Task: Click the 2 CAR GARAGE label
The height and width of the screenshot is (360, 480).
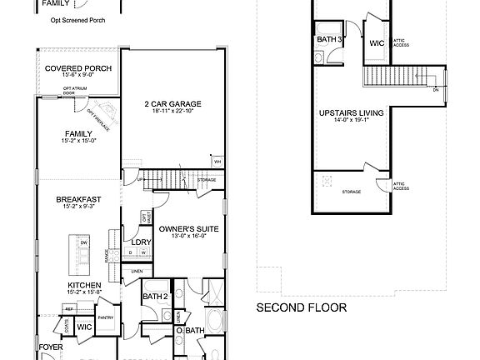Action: tap(173, 104)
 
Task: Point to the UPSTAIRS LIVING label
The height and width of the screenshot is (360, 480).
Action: tap(351, 112)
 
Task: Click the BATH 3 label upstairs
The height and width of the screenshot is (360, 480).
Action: tap(329, 38)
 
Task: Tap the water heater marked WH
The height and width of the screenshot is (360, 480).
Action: tap(217, 162)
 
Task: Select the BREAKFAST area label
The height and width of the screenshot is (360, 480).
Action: tap(78, 199)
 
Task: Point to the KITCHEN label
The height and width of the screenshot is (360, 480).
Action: tap(83, 284)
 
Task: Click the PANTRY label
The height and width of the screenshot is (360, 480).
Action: tap(106, 317)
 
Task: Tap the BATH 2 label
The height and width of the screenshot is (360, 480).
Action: tap(155, 297)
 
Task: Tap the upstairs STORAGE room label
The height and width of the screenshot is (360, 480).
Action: tap(351, 192)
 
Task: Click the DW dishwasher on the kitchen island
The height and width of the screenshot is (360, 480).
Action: tap(84, 243)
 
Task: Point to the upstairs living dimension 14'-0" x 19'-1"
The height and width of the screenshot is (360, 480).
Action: tap(351, 120)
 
